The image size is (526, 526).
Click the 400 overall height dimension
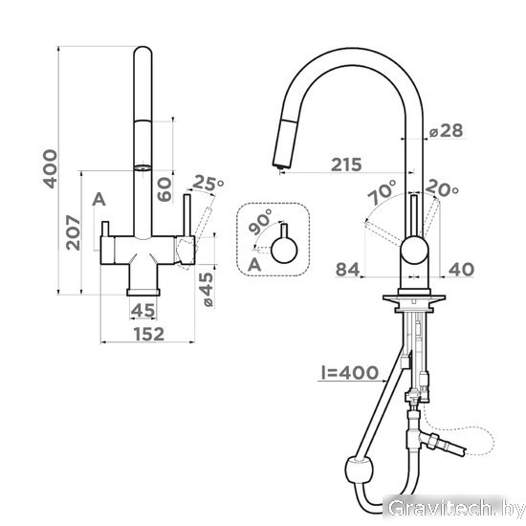pyautogui.click(x=50, y=169)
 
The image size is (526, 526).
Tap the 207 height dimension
pyautogui.click(x=73, y=232)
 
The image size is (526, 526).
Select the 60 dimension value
pyautogui.click(x=164, y=189)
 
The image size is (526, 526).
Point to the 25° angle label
pyautogui.click(x=208, y=184)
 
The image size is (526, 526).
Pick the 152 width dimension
pyautogui.click(x=149, y=334)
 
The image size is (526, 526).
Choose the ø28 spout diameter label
pyautogui.click(x=447, y=130)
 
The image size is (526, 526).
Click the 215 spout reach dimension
pyautogui.click(x=346, y=164)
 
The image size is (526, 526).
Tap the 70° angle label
pyautogui.click(x=383, y=192)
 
